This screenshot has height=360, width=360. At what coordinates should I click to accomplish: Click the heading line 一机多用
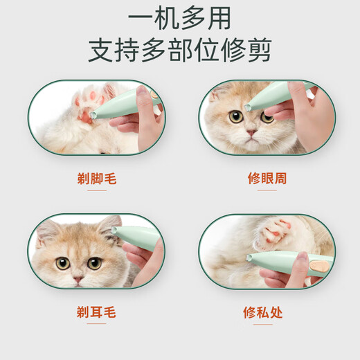179,19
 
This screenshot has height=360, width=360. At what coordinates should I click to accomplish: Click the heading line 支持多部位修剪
180,51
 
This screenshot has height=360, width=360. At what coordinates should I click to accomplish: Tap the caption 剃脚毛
97,179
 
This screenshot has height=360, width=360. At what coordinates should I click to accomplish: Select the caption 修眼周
267,178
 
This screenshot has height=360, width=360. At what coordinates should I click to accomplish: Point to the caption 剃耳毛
96,312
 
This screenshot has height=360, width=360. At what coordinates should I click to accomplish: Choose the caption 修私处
263,312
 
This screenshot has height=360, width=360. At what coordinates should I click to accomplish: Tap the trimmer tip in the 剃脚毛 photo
93,115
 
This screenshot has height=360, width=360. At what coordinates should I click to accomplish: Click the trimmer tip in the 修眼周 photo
248,107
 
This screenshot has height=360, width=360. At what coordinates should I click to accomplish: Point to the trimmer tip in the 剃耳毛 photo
114,230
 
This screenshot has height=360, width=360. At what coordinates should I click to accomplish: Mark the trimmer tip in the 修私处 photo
249,257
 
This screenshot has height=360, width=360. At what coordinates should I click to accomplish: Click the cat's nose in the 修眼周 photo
251,132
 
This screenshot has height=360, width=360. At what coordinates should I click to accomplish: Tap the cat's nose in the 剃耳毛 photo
78,279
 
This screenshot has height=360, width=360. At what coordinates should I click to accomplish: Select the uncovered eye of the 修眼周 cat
236,117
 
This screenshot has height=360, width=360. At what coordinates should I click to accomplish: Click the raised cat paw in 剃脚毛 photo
92,103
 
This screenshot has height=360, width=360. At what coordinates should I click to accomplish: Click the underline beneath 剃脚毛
97,190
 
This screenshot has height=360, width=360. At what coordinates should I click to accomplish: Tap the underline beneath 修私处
263,324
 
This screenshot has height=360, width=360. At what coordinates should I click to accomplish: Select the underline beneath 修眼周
267,190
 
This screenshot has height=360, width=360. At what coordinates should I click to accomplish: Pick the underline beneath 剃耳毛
96,323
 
